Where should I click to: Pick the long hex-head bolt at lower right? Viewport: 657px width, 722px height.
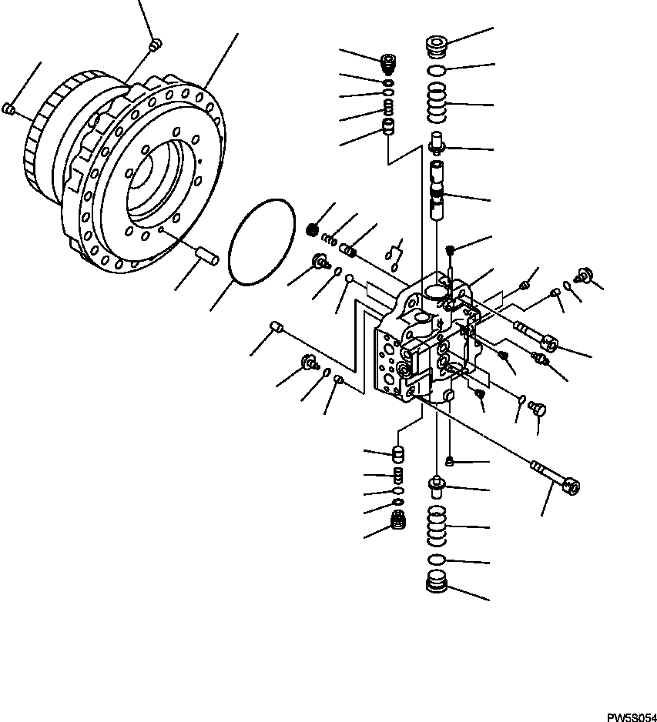pyautogui.click(x=555, y=477)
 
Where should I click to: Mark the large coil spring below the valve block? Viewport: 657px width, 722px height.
pyautogui.click(x=437, y=526)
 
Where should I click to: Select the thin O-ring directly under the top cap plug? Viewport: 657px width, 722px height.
pyautogui.click(x=437, y=72)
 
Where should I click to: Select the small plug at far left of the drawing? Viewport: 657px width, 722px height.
pyautogui.click(x=10, y=109)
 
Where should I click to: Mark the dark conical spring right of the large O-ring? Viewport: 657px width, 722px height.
pyautogui.click(x=313, y=229)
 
